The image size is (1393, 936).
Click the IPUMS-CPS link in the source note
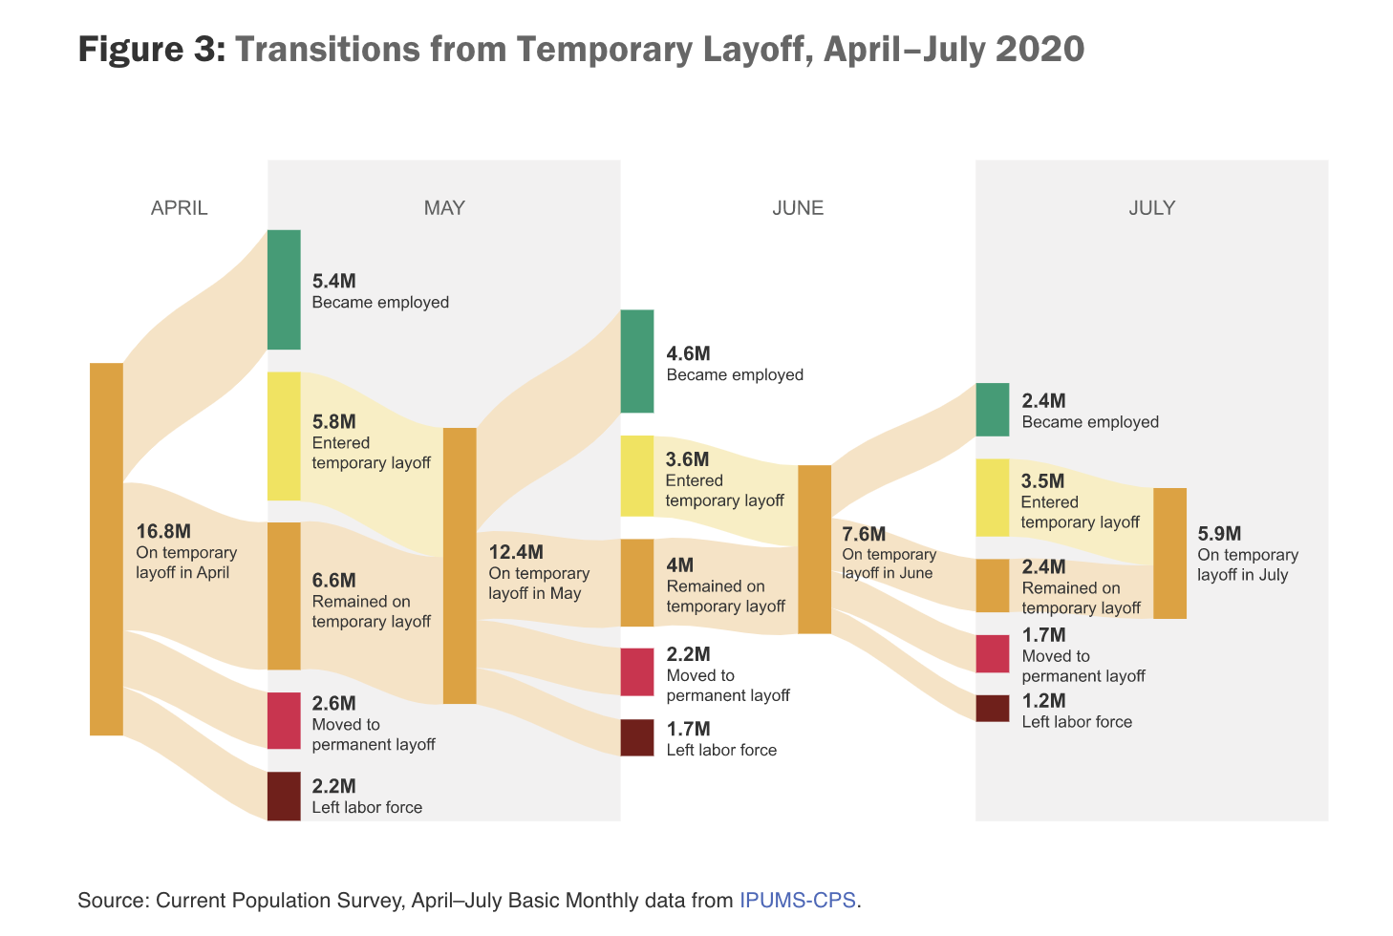click(x=797, y=900)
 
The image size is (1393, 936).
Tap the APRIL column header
click(x=179, y=208)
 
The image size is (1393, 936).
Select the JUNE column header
click(x=798, y=208)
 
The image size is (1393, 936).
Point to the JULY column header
click(x=1151, y=208)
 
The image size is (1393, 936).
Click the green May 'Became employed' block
click(x=284, y=289)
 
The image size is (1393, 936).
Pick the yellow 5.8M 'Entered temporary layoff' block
click(x=284, y=436)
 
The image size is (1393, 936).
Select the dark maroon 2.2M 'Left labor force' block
click(x=284, y=796)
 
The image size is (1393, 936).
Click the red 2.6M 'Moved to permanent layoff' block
click(x=284, y=720)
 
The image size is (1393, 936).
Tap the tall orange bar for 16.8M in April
click(x=107, y=549)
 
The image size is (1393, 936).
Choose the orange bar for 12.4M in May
click(x=460, y=565)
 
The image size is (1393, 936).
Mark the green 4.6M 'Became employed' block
click(x=637, y=361)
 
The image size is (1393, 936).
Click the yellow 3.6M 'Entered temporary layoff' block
click(x=637, y=476)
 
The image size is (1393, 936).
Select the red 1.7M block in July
click(x=992, y=653)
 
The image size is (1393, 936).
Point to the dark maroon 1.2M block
click(x=992, y=709)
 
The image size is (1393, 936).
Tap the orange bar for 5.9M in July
click(x=1169, y=553)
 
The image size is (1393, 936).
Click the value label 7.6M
click(x=864, y=534)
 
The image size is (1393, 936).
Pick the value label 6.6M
click(x=334, y=580)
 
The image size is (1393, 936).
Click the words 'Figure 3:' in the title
click(x=152, y=49)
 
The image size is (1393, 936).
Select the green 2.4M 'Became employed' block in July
click(x=992, y=410)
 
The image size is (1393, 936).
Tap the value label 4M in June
click(x=680, y=565)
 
